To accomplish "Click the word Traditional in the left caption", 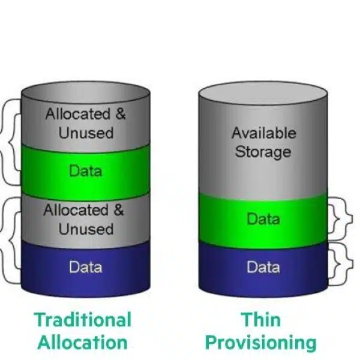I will [x=82, y=319].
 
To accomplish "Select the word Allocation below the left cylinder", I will [x=82, y=342].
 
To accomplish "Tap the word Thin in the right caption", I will [x=261, y=319].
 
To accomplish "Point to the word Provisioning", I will [x=261, y=342].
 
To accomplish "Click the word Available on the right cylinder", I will [x=263, y=133].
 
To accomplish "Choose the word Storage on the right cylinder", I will [x=263, y=151].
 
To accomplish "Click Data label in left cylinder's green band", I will [x=85, y=171].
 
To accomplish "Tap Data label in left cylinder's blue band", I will [x=85, y=267].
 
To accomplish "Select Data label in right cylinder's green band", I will [x=263, y=219].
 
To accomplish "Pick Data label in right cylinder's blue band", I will [x=263, y=267].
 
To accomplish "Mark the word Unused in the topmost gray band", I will [x=85, y=133].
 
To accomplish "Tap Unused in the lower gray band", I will [x=85, y=229].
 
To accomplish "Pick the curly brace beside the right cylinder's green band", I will [x=341, y=217].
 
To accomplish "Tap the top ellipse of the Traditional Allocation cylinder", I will [x=85, y=93].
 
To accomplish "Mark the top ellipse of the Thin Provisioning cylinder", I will [x=263, y=94].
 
